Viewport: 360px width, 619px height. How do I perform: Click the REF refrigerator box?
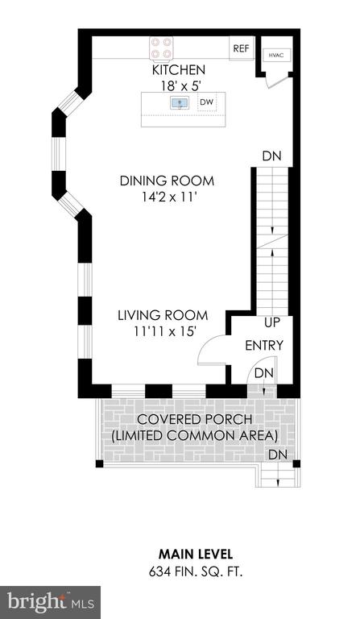pos(242,48)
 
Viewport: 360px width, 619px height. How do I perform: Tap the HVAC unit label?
pos(276,56)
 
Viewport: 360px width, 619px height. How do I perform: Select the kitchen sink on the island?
pos(180,103)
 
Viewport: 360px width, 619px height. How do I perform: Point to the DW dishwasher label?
pos(207,102)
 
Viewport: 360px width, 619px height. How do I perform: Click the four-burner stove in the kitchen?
pos(161,48)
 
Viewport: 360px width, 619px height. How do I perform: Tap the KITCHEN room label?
pos(179,70)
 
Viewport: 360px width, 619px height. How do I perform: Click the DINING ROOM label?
pos(168,181)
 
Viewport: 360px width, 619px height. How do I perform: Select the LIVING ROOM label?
pos(163,315)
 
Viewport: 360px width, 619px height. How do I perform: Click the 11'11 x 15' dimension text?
pos(165,331)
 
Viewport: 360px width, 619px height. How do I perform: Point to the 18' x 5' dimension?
pos(179,86)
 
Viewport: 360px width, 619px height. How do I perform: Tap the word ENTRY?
pos(264,346)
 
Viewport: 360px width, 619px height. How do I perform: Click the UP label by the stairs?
pos(272,322)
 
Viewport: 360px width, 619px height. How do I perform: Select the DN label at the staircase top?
pos(272,156)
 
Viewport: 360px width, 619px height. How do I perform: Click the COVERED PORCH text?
pos(195,419)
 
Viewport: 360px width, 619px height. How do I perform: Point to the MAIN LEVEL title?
pos(196,554)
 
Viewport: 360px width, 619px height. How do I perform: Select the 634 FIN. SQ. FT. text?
pos(196,571)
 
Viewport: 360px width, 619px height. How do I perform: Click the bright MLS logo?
pos(50,602)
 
